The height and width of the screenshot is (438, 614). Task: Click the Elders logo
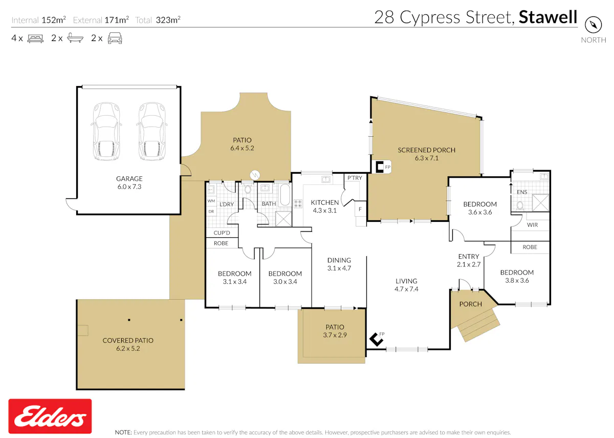[50, 416]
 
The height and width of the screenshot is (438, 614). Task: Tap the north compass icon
[593, 25]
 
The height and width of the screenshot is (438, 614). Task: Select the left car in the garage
[106, 131]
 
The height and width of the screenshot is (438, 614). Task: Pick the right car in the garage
[152, 131]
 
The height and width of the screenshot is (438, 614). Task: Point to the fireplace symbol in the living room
[376, 340]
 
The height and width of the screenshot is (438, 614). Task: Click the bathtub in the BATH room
[285, 194]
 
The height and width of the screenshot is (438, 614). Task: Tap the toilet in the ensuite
[520, 205]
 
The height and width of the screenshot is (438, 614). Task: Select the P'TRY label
[355, 178]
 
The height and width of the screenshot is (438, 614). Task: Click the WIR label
[532, 225]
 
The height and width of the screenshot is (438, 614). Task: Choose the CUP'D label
[222, 233]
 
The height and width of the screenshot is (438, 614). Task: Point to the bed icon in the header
[35, 38]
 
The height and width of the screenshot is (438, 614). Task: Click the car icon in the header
[115, 38]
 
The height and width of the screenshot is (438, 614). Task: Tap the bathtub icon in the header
[75, 38]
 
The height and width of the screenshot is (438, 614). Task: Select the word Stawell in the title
[548, 17]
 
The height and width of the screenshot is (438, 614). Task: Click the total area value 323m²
[168, 20]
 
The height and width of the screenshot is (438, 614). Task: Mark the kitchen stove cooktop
[298, 204]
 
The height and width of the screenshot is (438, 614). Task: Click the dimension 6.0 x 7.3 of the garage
[129, 186]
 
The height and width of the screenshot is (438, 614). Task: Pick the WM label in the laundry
[211, 201]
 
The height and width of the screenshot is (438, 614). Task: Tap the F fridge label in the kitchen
[360, 209]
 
